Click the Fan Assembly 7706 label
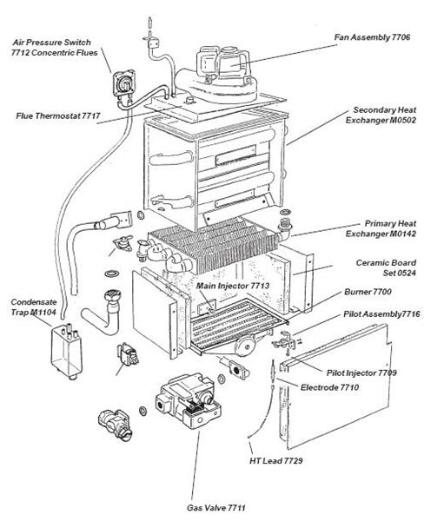coord(383,38)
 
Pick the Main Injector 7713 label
coord(232,285)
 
